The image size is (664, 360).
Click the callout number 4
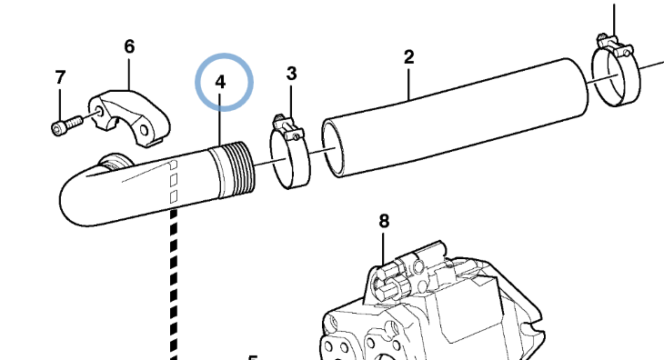pyautogui.click(x=220, y=82)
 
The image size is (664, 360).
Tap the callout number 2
pyautogui.click(x=408, y=57)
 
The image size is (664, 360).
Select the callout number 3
pyautogui.click(x=291, y=74)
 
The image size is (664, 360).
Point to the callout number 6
pyautogui.click(x=129, y=46)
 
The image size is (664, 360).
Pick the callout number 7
pyautogui.click(x=60, y=77)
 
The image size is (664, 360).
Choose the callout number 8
pyautogui.click(x=384, y=221)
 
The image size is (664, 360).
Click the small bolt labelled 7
pyautogui.click(x=67, y=125)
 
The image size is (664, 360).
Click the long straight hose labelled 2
pyautogui.click(x=455, y=117)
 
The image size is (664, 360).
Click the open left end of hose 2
pyautogui.click(x=332, y=148)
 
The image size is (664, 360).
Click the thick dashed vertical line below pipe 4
pyautogui.click(x=174, y=285)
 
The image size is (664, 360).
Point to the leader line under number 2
pyautogui.click(x=408, y=84)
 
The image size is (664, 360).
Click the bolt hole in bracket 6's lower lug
pyautogui.click(x=144, y=129)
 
